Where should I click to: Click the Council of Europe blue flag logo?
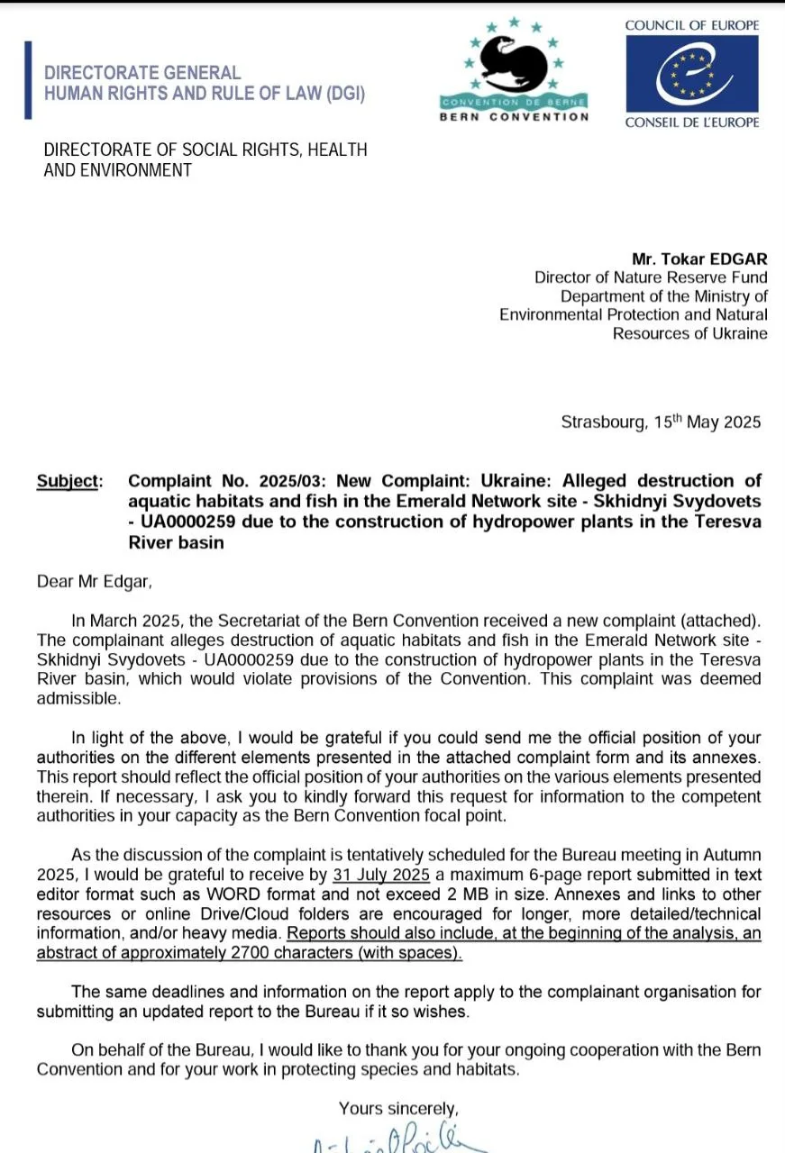coord(692,74)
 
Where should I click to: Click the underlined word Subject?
coord(66,481)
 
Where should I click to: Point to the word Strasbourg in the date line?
coord(600,422)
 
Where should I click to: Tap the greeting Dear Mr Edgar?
coord(95,581)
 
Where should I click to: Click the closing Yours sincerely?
coord(398,1108)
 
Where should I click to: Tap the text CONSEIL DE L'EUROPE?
coord(692,123)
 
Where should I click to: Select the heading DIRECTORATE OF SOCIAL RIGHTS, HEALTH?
coord(205,150)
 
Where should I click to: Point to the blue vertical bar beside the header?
coord(28,80)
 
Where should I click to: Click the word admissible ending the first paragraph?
coord(78,698)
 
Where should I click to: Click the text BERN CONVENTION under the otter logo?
coord(514,116)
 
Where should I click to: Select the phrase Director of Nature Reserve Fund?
coord(651,278)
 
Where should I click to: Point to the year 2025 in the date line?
coord(742,422)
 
